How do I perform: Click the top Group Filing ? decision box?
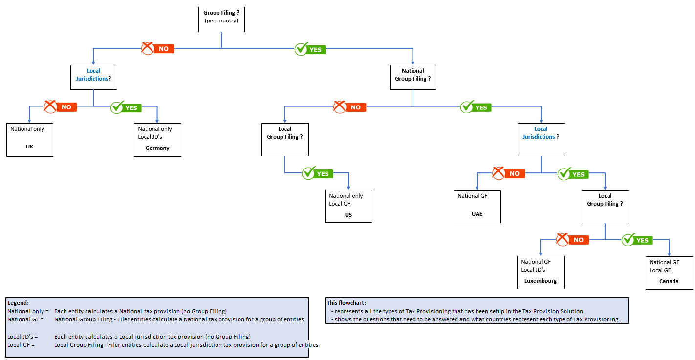[x=221, y=19]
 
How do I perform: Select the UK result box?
[x=29, y=140]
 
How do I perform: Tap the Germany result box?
[x=157, y=140]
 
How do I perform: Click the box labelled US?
[x=348, y=206]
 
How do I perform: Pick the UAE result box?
[x=477, y=206]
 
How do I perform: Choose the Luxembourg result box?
[x=541, y=273]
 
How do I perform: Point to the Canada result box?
[x=669, y=273]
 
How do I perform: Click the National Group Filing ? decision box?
[x=413, y=77]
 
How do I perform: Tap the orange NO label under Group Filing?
[x=163, y=49]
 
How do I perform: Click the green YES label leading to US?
[x=323, y=174]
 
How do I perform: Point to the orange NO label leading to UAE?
[x=514, y=174]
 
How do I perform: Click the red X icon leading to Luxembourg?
[x=563, y=239]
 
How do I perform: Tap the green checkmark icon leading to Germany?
[x=117, y=107]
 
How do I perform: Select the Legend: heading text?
[x=18, y=303]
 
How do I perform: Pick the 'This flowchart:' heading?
[x=346, y=303]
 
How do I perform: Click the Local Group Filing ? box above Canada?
[x=605, y=206]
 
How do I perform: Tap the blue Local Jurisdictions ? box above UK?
[x=94, y=77]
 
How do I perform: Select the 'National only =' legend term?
[x=28, y=311]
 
